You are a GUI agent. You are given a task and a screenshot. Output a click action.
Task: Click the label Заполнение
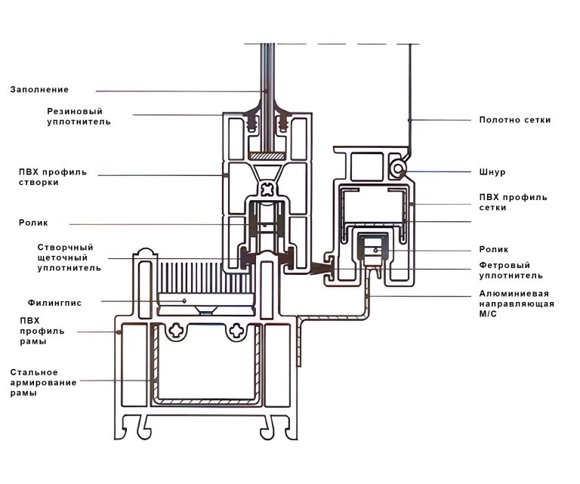[x=39, y=90]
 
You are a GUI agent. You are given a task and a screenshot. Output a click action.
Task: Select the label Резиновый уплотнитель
[x=79, y=116]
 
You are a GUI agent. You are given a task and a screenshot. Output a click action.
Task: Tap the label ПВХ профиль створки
[x=53, y=177]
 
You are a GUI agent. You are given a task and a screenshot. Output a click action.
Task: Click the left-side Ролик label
[x=33, y=223]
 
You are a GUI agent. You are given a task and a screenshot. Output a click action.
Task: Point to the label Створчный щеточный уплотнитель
[x=69, y=257]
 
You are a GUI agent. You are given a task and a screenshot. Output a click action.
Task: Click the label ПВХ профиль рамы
[x=42, y=331]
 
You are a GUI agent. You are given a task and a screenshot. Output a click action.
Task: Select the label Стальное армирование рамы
[x=44, y=383]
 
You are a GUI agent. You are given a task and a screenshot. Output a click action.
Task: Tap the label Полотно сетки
[x=515, y=120]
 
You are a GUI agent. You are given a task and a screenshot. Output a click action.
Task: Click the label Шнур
[x=492, y=172]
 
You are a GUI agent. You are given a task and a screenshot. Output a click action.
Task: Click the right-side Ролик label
[x=494, y=249]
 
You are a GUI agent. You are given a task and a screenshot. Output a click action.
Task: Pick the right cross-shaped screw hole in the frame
[x=239, y=330]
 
